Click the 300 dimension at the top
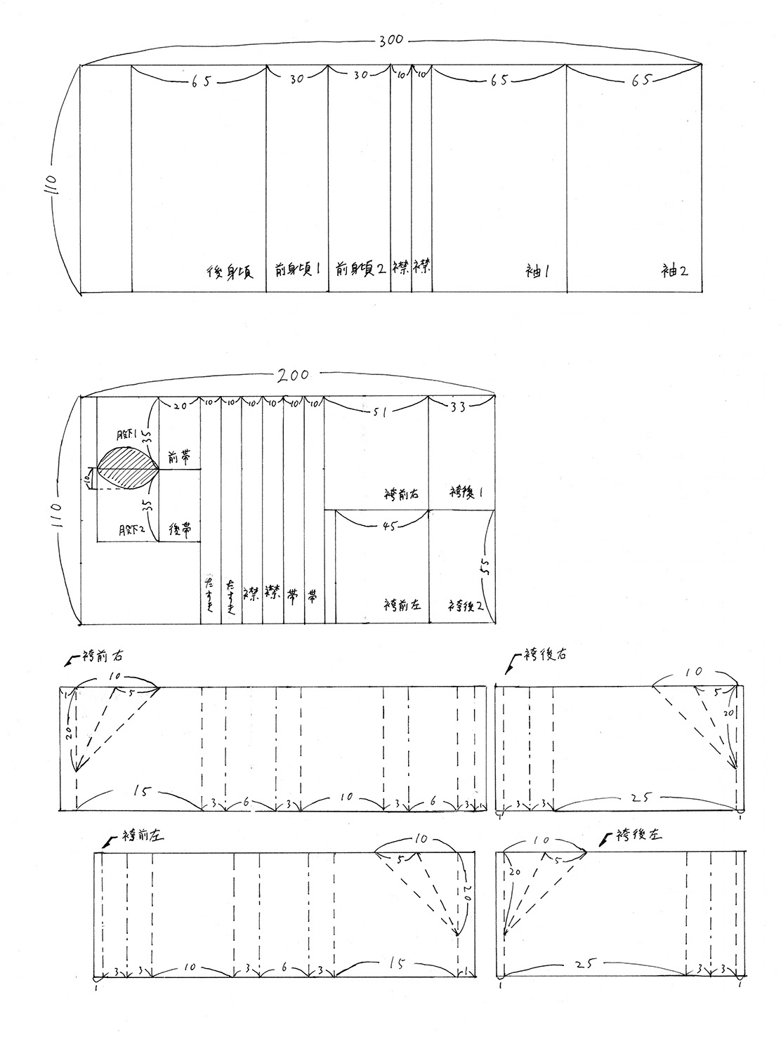pos(390,40)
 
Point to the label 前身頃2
pos(360,269)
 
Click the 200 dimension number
pos(293,375)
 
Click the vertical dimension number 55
pos(484,567)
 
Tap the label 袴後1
pos(461,494)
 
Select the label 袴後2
pos(463,605)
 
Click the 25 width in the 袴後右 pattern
pos(645,798)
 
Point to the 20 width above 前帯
pos(180,405)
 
